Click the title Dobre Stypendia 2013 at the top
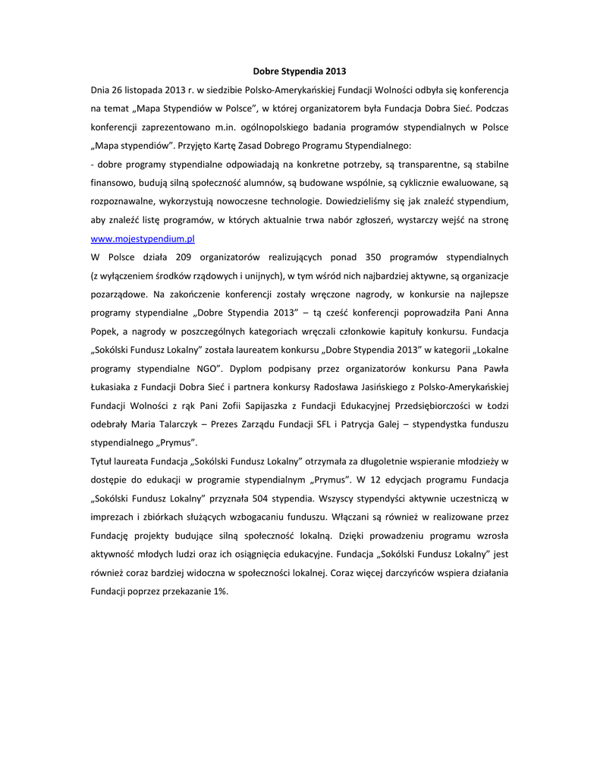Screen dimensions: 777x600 click(x=299, y=71)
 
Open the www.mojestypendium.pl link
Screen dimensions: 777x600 click(x=143, y=238)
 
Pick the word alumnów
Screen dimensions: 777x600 click(x=272, y=183)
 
